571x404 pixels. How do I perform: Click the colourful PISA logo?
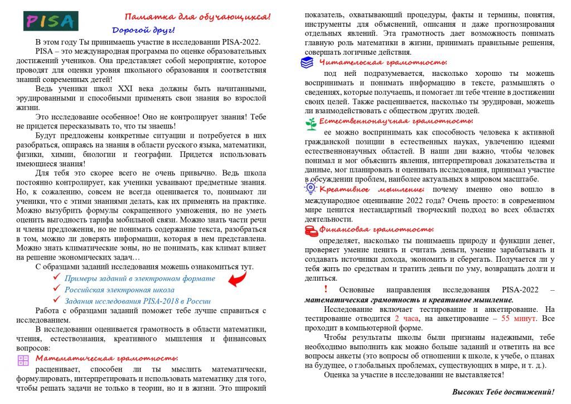pos(51,21)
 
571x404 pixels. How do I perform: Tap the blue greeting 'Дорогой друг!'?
pos(143,30)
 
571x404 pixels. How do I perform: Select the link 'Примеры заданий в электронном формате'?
pos(139,278)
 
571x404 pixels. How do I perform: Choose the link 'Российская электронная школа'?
pos(119,290)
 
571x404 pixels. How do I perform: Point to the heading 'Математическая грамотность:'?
pos(107,358)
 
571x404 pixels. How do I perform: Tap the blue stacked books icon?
pos(307,62)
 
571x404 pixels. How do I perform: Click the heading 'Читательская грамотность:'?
pos(383,62)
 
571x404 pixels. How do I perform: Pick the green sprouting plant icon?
pos(311,123)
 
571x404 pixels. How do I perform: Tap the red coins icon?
pos(311,230)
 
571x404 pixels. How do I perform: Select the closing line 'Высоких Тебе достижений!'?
pos(503,392)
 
